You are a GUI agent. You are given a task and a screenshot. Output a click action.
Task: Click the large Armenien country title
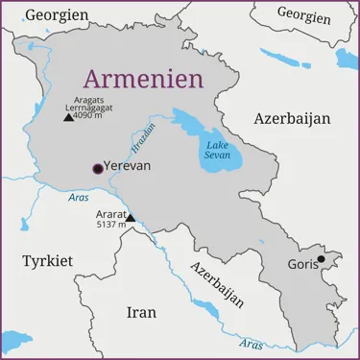143,77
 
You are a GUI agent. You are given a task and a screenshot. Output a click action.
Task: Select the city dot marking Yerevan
97,169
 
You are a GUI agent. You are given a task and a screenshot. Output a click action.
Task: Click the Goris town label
302,265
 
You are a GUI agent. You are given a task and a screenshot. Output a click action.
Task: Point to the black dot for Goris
322,258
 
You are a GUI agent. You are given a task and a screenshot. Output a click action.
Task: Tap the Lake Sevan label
217,155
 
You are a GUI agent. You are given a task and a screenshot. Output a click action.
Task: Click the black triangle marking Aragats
68,117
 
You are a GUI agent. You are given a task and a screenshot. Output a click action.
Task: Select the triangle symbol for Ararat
131,218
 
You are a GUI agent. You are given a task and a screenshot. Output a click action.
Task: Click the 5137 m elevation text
111,224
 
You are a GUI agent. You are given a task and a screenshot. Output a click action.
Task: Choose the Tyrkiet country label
47,261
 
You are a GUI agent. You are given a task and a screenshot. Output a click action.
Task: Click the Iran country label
141,312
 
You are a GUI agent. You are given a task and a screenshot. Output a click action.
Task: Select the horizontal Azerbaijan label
292,118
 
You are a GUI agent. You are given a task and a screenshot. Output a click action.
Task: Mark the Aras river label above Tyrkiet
79,198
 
